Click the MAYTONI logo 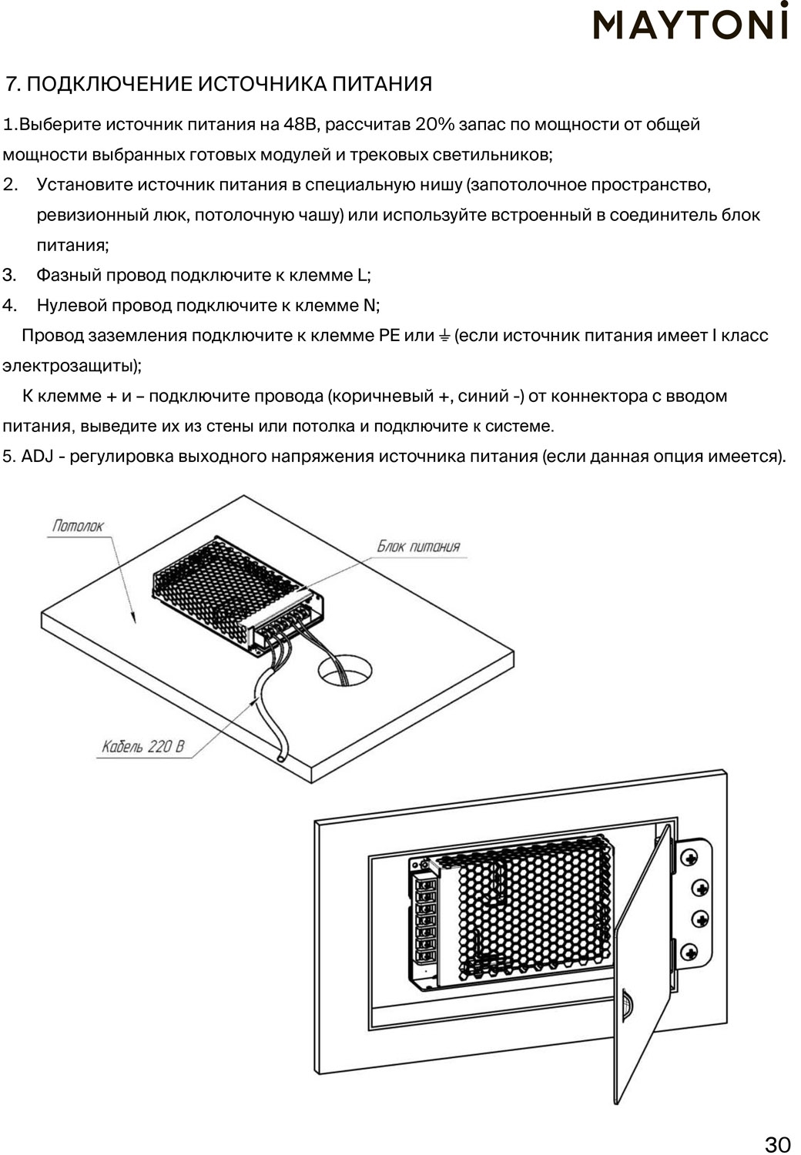pos(690,23)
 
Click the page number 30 pos(777,1143)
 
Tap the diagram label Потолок pos(78,526)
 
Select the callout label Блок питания pos(417,546)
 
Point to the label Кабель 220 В pos(143,746)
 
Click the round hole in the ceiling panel pos(344,670)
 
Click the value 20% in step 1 pos(434,125)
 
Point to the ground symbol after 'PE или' pos(444,336)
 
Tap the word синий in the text pos(484,397)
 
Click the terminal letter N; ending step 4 pos(370,306)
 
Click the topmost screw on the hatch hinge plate pos(689,858)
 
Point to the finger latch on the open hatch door pos(627,1006)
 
